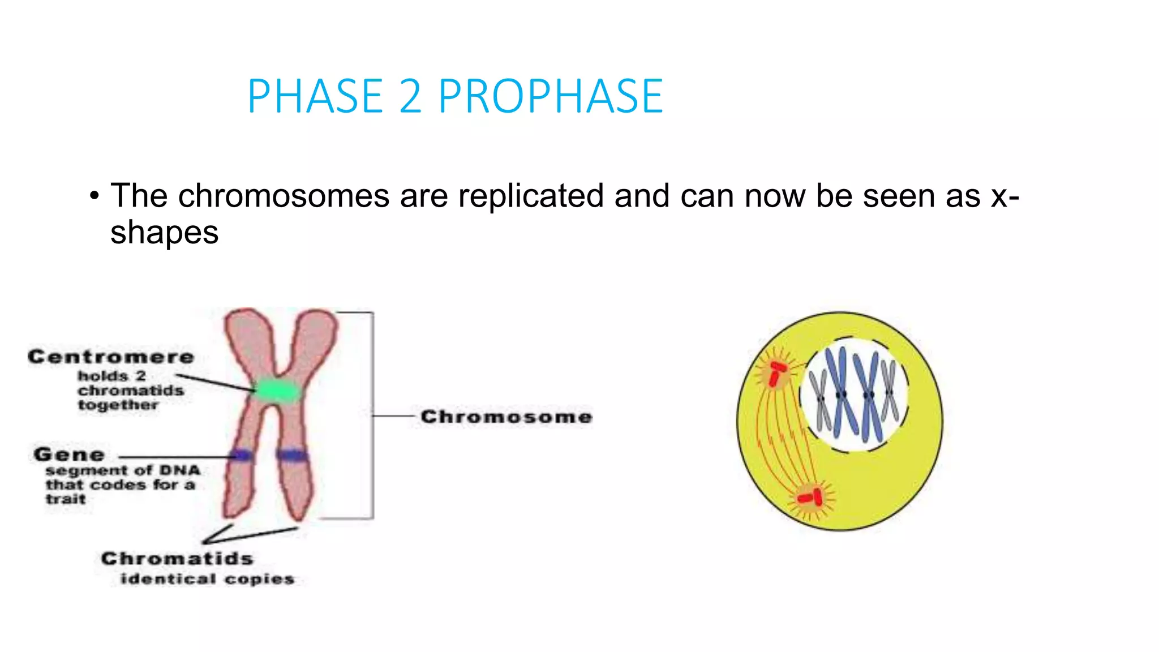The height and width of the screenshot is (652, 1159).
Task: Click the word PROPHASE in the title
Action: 550,96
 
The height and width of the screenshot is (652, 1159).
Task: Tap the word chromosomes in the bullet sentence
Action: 284,196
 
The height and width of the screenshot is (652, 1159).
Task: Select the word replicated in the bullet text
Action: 531,196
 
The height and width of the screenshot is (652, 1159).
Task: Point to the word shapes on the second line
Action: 164,233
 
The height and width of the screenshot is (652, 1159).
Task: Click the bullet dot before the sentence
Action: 94,197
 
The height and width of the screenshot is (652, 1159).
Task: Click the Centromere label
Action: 111,357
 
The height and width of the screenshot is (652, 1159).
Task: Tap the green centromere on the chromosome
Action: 277,391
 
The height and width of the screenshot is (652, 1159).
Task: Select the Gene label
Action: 69,454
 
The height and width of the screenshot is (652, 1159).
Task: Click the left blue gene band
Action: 242,455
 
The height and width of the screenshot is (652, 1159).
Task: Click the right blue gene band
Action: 292,454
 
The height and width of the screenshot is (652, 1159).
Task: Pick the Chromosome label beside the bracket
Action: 506,417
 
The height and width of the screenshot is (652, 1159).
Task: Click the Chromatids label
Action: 177,559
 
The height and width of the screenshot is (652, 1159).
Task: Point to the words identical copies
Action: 207,579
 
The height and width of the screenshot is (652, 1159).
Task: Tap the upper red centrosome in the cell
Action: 777,374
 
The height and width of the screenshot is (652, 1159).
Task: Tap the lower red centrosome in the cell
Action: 810,497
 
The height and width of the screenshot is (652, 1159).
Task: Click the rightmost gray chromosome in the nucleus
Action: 890,391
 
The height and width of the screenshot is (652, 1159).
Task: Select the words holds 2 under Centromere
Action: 111,376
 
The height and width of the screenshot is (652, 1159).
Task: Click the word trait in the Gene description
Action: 66,499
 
